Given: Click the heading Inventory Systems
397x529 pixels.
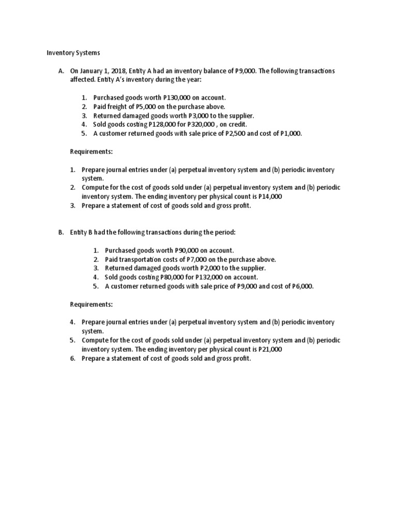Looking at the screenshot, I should (73, 53).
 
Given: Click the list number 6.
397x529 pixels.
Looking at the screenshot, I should (73, 358).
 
